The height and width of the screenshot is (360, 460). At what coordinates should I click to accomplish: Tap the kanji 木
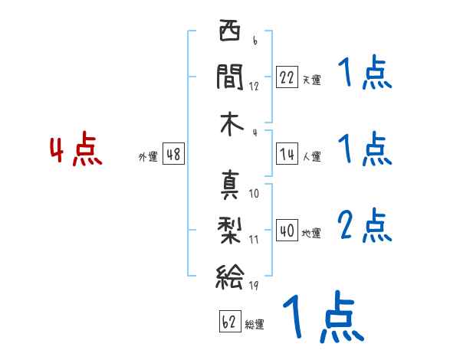[229, 123]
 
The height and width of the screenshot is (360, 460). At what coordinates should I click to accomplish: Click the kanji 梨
[229, 227]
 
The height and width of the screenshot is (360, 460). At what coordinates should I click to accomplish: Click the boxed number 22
[287, 77]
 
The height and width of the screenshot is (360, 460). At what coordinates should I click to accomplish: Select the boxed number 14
[287, 154]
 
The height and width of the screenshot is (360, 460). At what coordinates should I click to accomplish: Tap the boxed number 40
[287, 231]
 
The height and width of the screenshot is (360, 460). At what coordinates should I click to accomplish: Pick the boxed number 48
[173, 154]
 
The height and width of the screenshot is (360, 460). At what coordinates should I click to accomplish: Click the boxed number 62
[229, 322]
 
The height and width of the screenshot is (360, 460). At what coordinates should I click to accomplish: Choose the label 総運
[255, 325]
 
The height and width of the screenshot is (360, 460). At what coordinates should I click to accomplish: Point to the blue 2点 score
[364, 226]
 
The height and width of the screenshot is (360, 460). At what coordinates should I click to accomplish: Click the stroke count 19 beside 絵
[254, 286]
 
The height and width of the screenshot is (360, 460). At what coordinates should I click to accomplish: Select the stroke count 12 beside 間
[254, 86]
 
